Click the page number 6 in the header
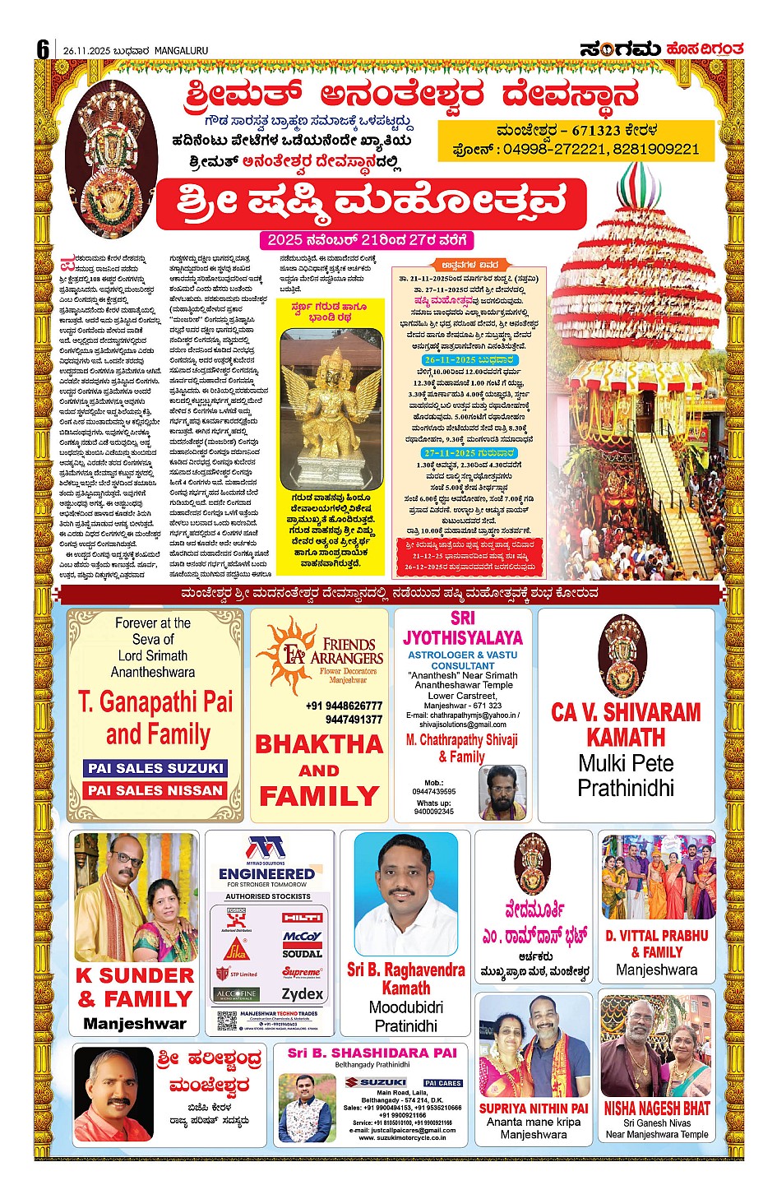(x=43, y=49)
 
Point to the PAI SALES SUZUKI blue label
(x=155, y=768)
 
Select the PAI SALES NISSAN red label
(x=155, y=790)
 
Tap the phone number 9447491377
(x=354, y=720)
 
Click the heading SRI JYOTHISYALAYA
(x=463, y=628)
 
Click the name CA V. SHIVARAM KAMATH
(x=626, y=724)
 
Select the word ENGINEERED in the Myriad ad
(x=266, y=873)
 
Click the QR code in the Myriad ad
(x=227, y=1021)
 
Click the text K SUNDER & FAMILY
(x=136, y=987)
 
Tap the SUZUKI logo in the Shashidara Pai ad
(x=376, y=1082)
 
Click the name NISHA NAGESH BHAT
(x=657, y=1109)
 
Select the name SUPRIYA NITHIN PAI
(x=534, y=1109)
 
